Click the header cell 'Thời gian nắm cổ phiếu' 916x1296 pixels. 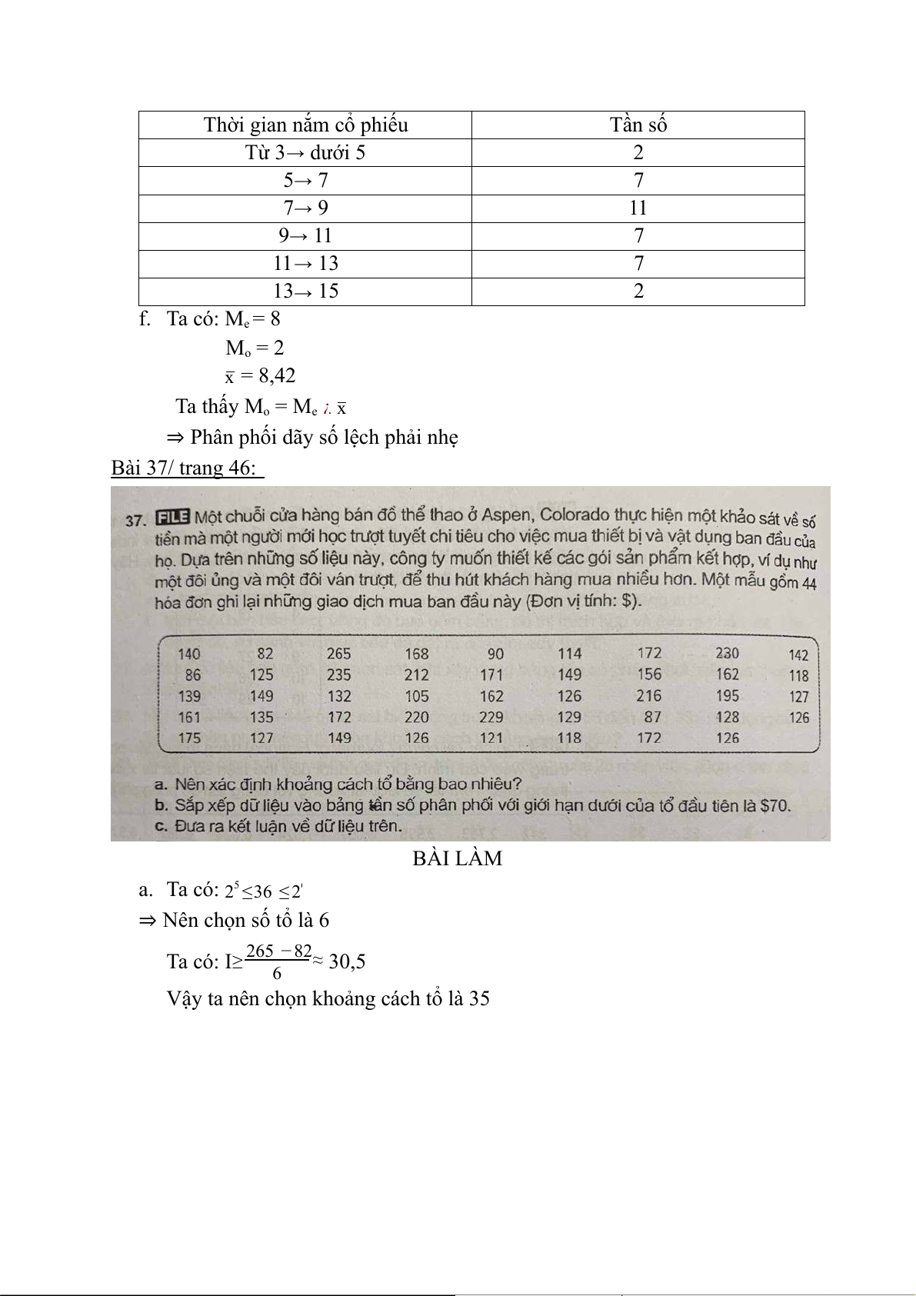click(305, 125)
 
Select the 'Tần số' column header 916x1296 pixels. click(638, 125)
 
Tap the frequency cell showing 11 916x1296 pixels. click(638, 208)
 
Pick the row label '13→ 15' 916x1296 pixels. click(305, 291)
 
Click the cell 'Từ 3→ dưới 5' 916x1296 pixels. click(305, 152)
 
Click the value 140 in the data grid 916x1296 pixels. click(188, 655)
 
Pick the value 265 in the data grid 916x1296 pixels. click(338, 654)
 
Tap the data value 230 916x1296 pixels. click(727, 653)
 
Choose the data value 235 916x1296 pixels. click(338, 675)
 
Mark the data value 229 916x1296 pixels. click(491, 717)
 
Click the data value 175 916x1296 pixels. click(188, 738)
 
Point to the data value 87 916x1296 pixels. click(652, 717)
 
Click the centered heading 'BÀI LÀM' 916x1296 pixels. click(457, 858)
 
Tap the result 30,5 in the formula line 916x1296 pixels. click(346, 961)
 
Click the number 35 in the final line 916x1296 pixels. click(479, 999)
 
